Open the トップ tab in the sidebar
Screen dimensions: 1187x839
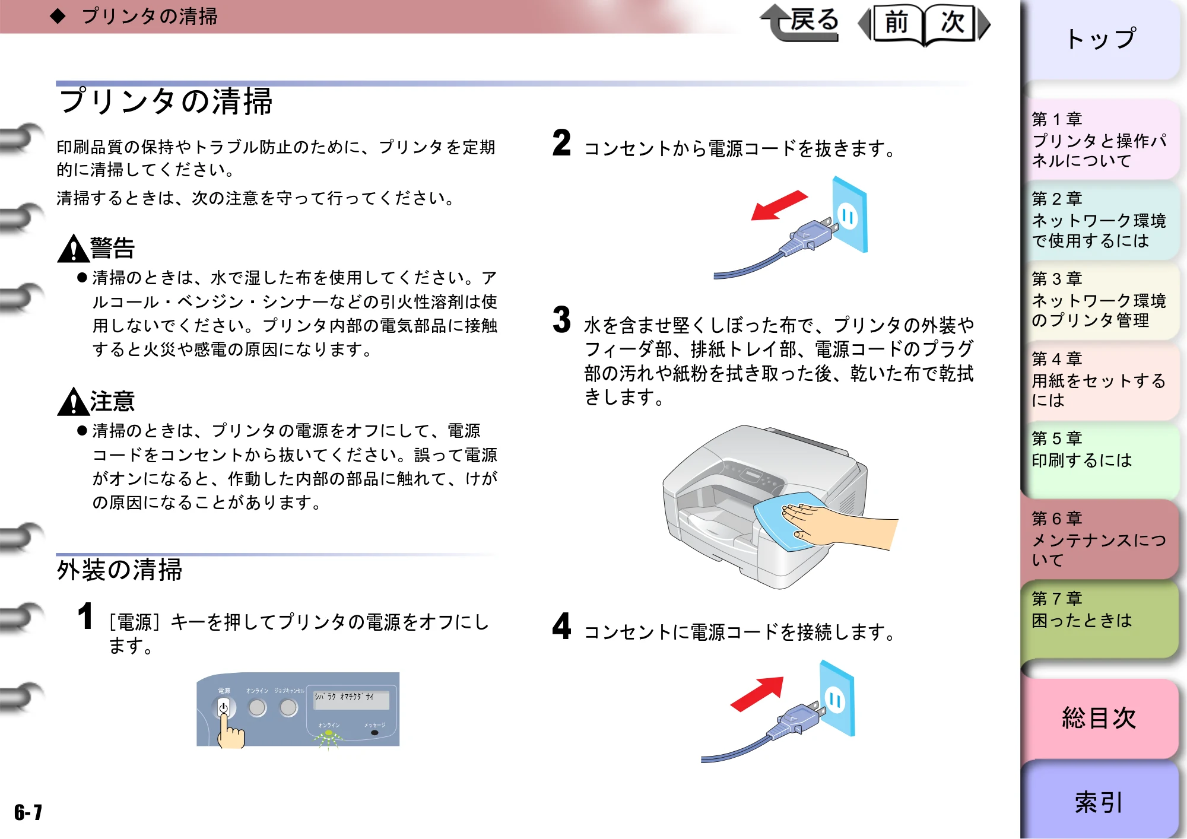coord(1101,39)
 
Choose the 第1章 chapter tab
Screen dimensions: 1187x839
coord(1101,140)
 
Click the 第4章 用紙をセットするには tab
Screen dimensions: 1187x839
coord(1101,380)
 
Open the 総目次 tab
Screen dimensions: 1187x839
coord(1099,718)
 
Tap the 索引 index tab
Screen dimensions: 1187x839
coord(1099,802)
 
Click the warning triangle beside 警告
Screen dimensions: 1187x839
coord(73,249)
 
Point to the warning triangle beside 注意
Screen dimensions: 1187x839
coord(73,402)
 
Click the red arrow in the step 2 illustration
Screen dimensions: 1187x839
coord(779,205)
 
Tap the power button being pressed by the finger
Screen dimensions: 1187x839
coord(224,707)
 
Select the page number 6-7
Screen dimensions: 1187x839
coord(28,812)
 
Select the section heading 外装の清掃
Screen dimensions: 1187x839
coord(119,570)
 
